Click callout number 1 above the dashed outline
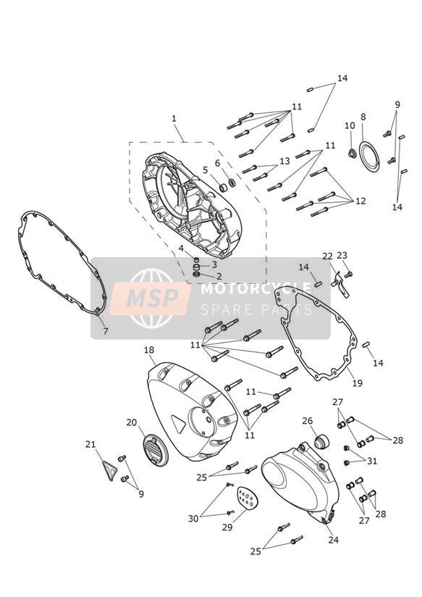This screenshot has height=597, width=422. click(x=174, y=118)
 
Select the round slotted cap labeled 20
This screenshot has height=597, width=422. click(x=155, y=451)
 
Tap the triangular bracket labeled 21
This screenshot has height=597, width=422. click(x=108, y=470)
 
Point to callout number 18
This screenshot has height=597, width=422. click(x=149, y=350)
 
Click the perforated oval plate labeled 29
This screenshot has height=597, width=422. click(x=248, y=498)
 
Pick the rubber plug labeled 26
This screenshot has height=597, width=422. click(x=321, y=443)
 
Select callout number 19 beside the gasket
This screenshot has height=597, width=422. click(x=358, y=383)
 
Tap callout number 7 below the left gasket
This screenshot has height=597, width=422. click(x=106, y=331)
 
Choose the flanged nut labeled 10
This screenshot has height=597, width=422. click(x=351, y=154)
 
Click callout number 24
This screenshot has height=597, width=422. click(x=334, y=540)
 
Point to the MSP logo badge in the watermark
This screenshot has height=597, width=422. click(x=150, y=298)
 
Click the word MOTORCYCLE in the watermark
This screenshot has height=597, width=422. click(x=256, y=288)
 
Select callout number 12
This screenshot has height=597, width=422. click(x=360, y=201)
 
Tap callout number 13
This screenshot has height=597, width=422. click(x=284, y=161)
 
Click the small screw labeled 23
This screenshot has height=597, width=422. click(x=348, y=274)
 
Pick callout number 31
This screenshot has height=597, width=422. click(x=372, y=461)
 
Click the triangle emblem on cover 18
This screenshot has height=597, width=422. click(x=179, y=422)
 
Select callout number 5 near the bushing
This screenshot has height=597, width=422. click(x=206, y=170)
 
